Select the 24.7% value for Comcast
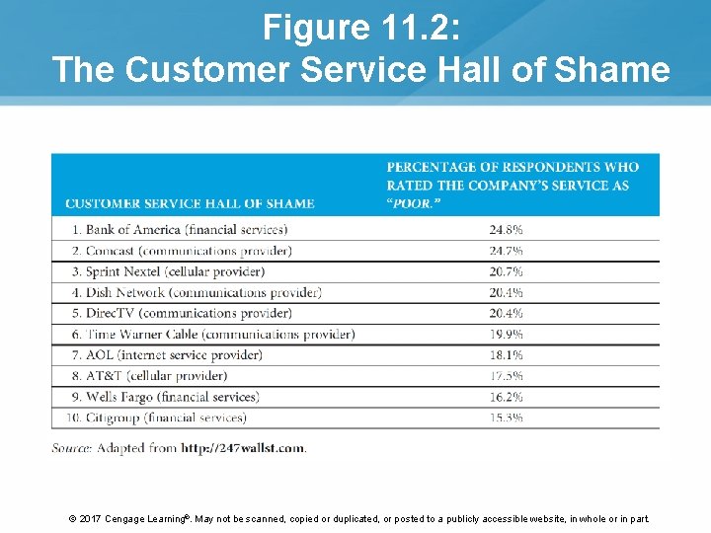[506, 251]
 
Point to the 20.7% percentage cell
[506, 271]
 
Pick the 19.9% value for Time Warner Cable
[506, 334]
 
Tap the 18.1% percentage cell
[506, 354]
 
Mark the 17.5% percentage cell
[506, 376]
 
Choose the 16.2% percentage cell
[506, 397]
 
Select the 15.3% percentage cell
[506, 418]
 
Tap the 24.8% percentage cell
[506, 230]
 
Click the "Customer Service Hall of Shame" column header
[190, 203]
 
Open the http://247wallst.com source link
[243, 448]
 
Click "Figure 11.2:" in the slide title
[361, 28]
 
